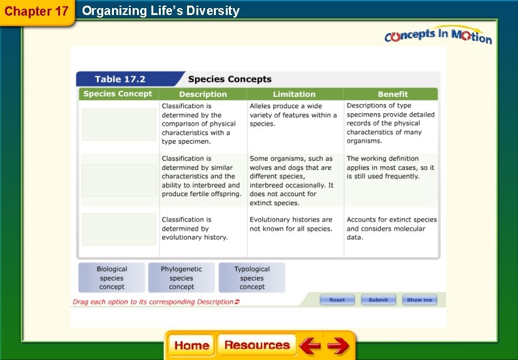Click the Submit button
(x=378, y=300)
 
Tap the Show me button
(x=419, y=300)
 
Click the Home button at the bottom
(x=191, y=346)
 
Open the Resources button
(x=257, y=346)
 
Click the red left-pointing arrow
(x=309, y=346)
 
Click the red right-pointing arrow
(x=338, y=346)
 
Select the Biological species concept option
(x=112, y=277)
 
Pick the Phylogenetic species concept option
(x=181, y=277)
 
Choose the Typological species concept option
(x=252, y=277)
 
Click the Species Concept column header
(x=118, y=94)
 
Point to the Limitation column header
(x=294, y=94)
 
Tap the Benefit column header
(x=393, y=94)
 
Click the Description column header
(x=203, y=94)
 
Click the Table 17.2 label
(x=120, y=79)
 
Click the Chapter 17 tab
(x=36, y=12)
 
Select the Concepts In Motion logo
(x=438, y=36)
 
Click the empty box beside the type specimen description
(x=119, y=124)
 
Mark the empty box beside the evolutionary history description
(x=119, y=229)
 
